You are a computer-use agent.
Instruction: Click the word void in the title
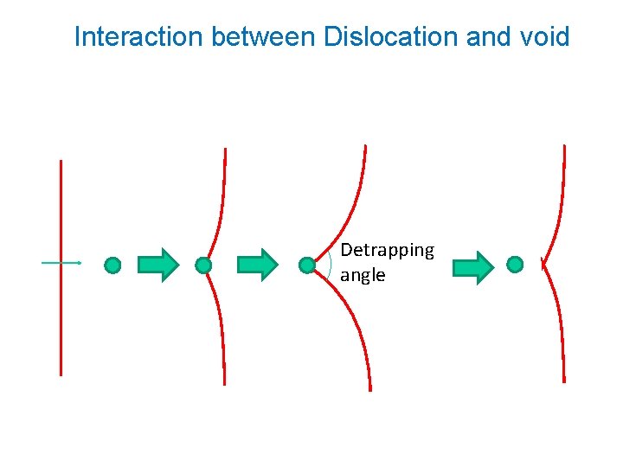(544, 37)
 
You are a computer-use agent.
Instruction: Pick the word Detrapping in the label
(387, 250)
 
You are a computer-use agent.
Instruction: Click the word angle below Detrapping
(363, 275)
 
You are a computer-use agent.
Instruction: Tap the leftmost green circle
(112, 265)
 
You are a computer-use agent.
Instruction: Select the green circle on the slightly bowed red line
(203, 265)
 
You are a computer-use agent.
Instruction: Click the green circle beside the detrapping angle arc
(307, 265)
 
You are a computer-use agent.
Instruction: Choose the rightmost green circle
(515, 264)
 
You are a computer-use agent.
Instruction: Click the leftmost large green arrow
(158, 265)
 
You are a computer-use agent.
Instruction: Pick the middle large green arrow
(257, 265)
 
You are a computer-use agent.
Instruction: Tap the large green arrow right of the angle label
(473, 268)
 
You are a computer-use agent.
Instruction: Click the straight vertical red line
(61, 329)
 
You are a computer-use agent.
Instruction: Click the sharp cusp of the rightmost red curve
(543, 263)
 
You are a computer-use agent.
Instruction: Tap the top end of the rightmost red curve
(564, 146)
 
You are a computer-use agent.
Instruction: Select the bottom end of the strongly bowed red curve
(369, 388)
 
